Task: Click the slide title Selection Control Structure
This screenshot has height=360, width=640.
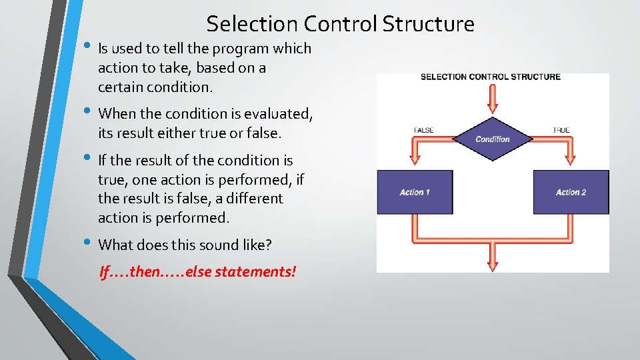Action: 340,24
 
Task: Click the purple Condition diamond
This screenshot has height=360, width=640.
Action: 493,139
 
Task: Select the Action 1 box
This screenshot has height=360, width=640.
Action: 415,192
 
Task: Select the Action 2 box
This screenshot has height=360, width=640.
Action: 571,192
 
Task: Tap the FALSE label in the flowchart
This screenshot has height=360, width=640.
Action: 424,130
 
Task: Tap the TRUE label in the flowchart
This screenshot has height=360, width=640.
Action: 561,130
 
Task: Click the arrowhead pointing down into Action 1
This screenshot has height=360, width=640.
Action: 415,159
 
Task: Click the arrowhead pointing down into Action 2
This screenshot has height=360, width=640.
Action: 571,159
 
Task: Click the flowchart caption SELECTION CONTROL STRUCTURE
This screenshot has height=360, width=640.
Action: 491,77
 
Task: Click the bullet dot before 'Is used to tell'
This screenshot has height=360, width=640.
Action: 89,46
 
